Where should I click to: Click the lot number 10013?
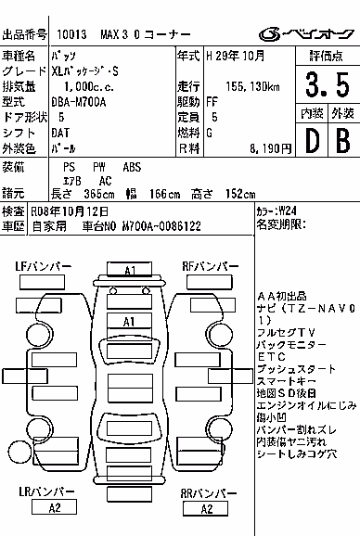coord(71,34)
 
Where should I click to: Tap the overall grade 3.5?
coord(328,84)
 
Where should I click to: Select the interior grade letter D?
coord(312,140)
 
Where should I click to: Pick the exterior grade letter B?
coord(343,140)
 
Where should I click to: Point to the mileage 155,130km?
coord(252,87)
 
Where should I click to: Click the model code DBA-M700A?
coord(79,102)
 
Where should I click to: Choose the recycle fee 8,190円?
coord(270,148)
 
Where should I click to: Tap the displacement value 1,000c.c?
coord(89,87)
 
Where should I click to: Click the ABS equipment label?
coord(132,167)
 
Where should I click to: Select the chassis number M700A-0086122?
coord(161,226)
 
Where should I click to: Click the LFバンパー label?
coord(44,266)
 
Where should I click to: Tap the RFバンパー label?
coord(211,266)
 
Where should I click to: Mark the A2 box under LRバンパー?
coord(54,506)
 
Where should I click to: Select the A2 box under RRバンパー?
coord(205,509)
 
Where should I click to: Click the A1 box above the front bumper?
coord(130,269)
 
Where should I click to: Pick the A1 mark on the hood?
coord(129,322)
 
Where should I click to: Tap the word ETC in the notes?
coord(272,357)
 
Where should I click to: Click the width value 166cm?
coord(165,194)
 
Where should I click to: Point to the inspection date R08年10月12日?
coord(70,211)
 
